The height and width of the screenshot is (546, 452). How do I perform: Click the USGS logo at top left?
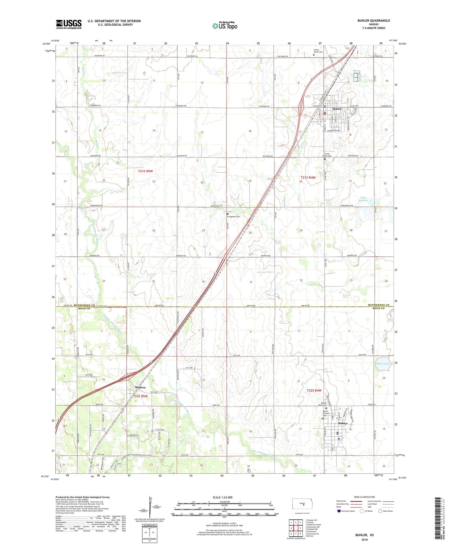(69, 24)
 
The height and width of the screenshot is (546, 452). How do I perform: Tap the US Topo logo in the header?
(225, 25)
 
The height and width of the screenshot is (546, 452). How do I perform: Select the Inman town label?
(337, 109)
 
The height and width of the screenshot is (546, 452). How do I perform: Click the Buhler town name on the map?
(343, 423)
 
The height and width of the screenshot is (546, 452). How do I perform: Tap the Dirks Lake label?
(382, 364)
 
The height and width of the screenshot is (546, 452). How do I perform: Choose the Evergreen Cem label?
(234, 216)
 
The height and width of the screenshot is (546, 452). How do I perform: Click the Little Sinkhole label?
(363, 199)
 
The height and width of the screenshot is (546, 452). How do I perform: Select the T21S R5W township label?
(145, 171)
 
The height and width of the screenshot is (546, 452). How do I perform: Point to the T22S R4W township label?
(314, 391)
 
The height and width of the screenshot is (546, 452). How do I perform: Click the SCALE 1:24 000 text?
(222, 497)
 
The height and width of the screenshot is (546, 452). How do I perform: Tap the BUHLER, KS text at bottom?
(364, 535)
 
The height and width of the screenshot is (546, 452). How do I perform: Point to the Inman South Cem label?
(327, 155)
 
